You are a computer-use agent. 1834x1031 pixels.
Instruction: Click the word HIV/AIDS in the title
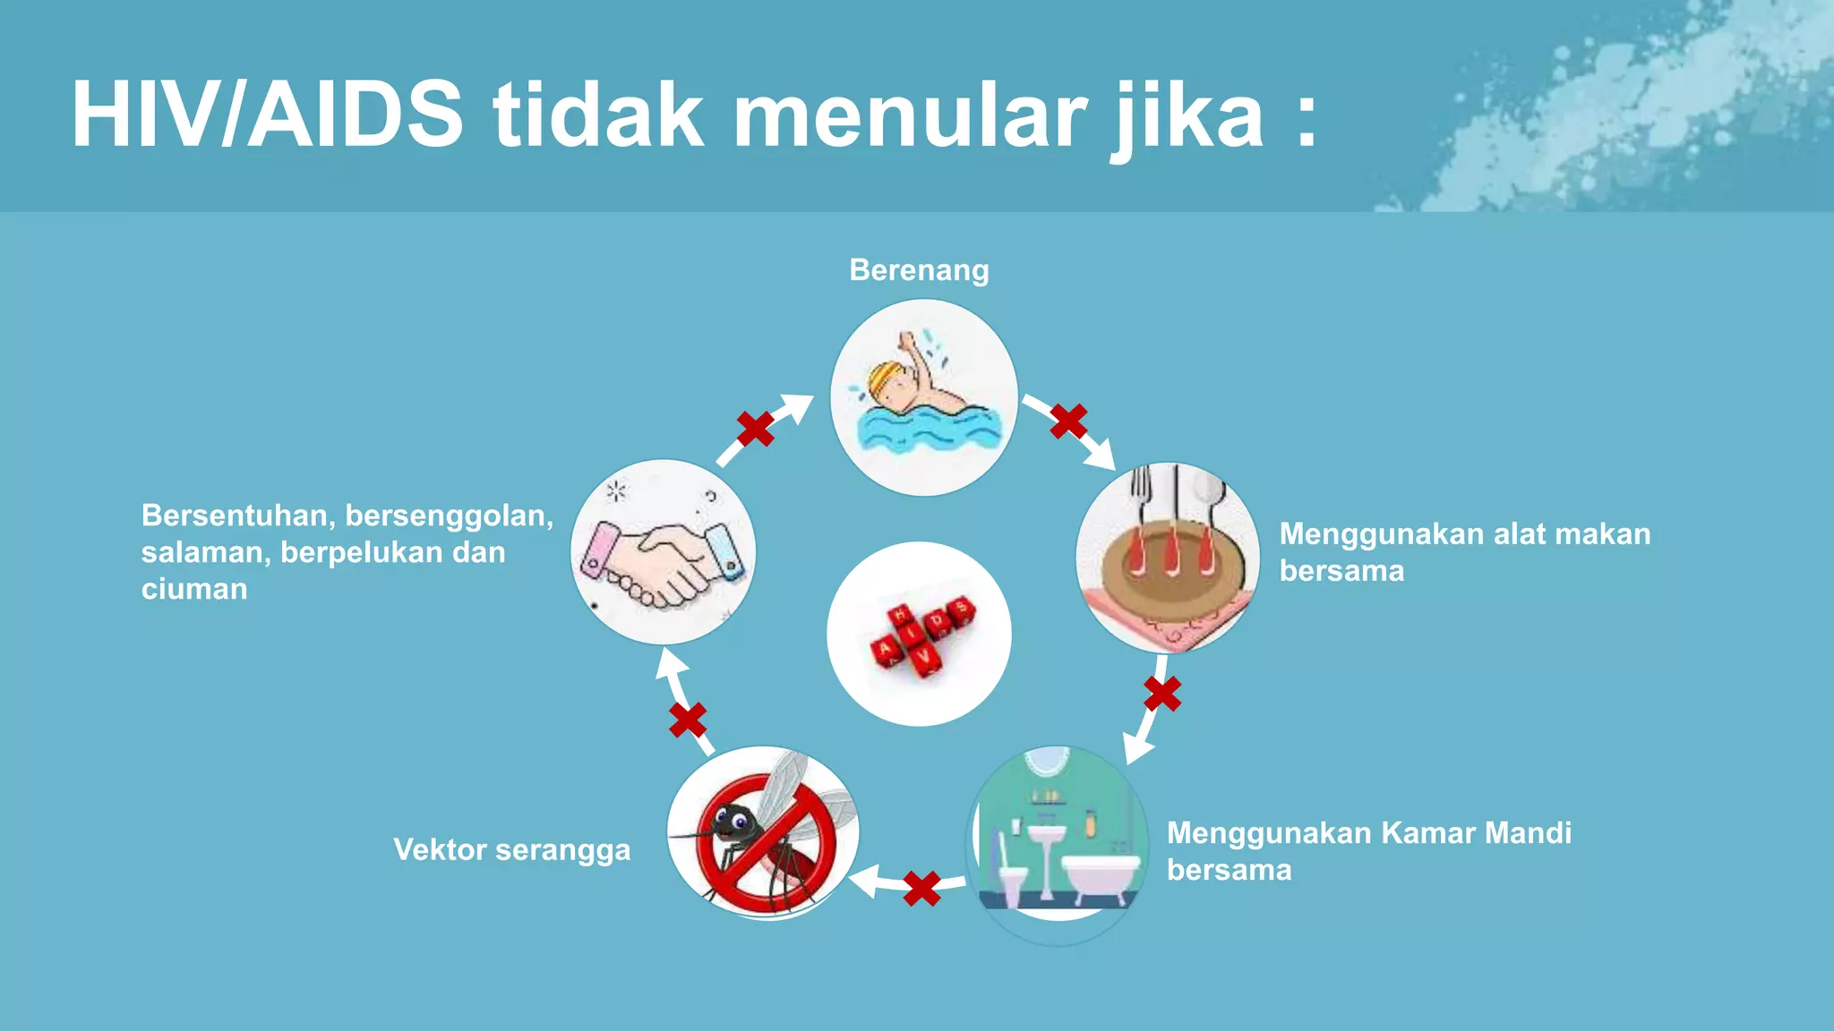click(x=267, y=115)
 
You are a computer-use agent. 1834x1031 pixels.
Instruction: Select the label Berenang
click(x=919, y=270)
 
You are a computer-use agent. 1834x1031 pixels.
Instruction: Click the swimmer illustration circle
click(x=923, y=397)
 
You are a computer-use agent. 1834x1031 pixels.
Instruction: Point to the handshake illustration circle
click(x=663, y=552)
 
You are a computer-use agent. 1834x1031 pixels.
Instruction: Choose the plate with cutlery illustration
click(x=1168, y=558)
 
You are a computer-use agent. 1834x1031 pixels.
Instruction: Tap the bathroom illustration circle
click(x=1058, y=841)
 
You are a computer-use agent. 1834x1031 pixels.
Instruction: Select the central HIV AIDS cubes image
click(x=920, y=634)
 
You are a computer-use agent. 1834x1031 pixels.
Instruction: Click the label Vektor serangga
click(x=511, y=850)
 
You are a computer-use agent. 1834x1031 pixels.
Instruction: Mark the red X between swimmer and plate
click(x=1068, y=421)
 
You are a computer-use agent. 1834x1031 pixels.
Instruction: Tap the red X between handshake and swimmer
click(x=756, y=429)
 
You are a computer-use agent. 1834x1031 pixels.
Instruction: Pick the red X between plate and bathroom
click(x=1162, y=694)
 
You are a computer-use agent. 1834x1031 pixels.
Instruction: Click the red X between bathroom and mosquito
click(x=921, y=889)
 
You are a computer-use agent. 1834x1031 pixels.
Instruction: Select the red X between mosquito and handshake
click(x=688, y=720)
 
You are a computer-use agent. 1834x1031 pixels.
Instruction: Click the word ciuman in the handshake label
click(x=194, y=590)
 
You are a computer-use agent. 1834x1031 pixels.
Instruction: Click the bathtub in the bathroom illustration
click(x=1101, y=877)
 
